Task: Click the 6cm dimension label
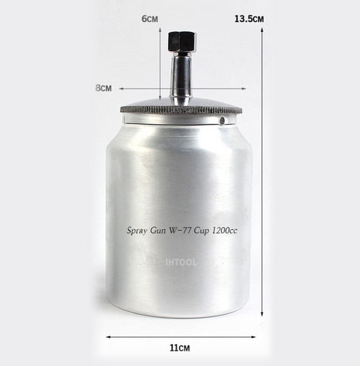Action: click(x=150, y=19)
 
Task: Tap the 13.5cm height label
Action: click(x=249, y=19)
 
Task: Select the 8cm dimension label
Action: click(x=103, y=88)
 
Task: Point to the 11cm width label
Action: click(x=180, y=348)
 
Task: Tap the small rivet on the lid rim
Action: click(x=223, y=120)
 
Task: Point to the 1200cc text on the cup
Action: click(x=224, y=231)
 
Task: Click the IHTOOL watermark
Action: click(x=181, y=262)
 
